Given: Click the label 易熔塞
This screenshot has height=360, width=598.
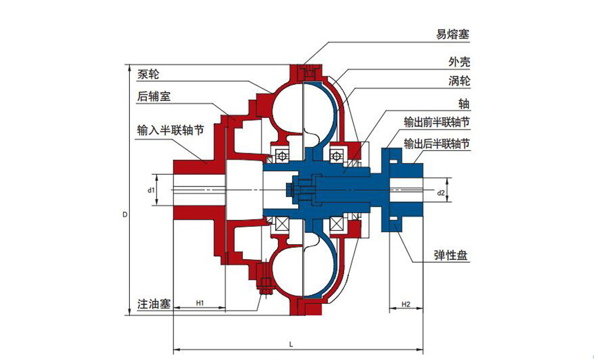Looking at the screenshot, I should (453, 34).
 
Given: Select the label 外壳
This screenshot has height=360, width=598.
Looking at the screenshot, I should (459, 61).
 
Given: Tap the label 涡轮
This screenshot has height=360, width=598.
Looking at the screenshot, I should (459, 81).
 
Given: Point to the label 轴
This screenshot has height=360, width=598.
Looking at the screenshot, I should (464, 104).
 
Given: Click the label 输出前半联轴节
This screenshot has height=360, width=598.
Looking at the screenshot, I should (437, 123).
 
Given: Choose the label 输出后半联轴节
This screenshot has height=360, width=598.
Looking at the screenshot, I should (437, 143).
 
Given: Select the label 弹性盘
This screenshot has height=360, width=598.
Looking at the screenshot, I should (452, 256).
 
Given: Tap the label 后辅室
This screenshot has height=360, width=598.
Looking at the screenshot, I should (153, 96).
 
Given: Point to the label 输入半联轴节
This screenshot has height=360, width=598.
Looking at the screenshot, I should (171, 130).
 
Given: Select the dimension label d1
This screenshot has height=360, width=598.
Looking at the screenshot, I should (151, 190).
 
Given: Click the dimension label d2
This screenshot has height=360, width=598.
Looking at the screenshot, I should (440, 193).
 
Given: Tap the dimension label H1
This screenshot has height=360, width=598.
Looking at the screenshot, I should (200, 303).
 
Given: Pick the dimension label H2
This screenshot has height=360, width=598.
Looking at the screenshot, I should (406, 305).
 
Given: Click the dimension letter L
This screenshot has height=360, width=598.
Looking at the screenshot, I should (293, 343).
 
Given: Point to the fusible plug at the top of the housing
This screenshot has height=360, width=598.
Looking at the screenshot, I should (308, 73).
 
